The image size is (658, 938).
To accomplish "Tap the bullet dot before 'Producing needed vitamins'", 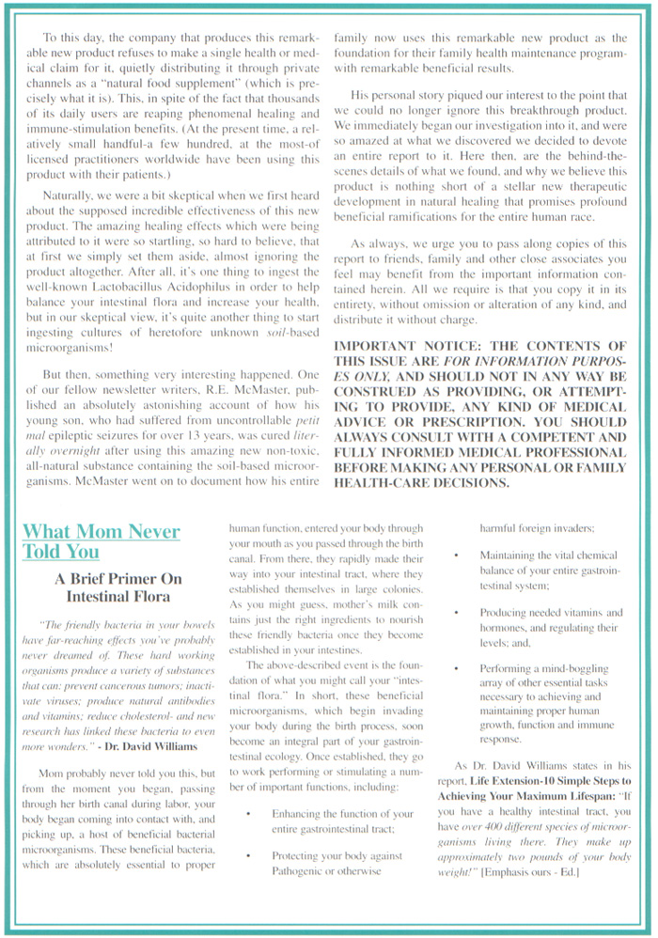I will pyautogui.click(x=455, y=612).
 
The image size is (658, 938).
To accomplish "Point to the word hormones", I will pyautogui.click(x=505, y=629).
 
